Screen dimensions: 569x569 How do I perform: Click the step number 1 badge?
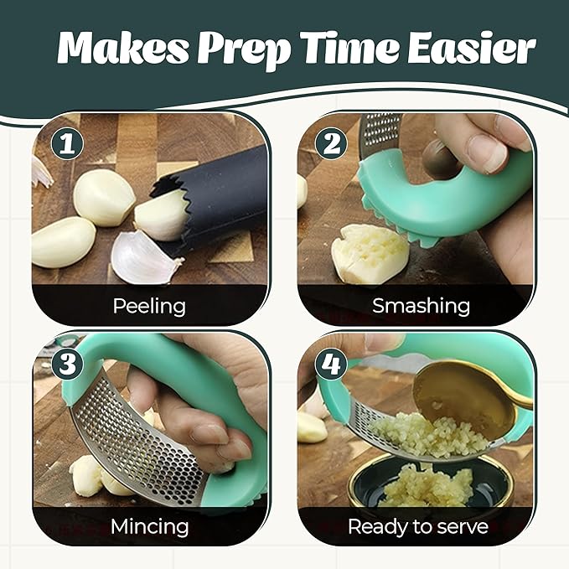click(68, 143)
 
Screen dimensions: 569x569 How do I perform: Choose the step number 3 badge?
click(68, 365)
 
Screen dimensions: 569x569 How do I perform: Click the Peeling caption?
click(149, 306)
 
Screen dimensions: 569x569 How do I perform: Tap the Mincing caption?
click(149, 527)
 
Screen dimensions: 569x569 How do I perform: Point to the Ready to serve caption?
click(417, 527)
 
